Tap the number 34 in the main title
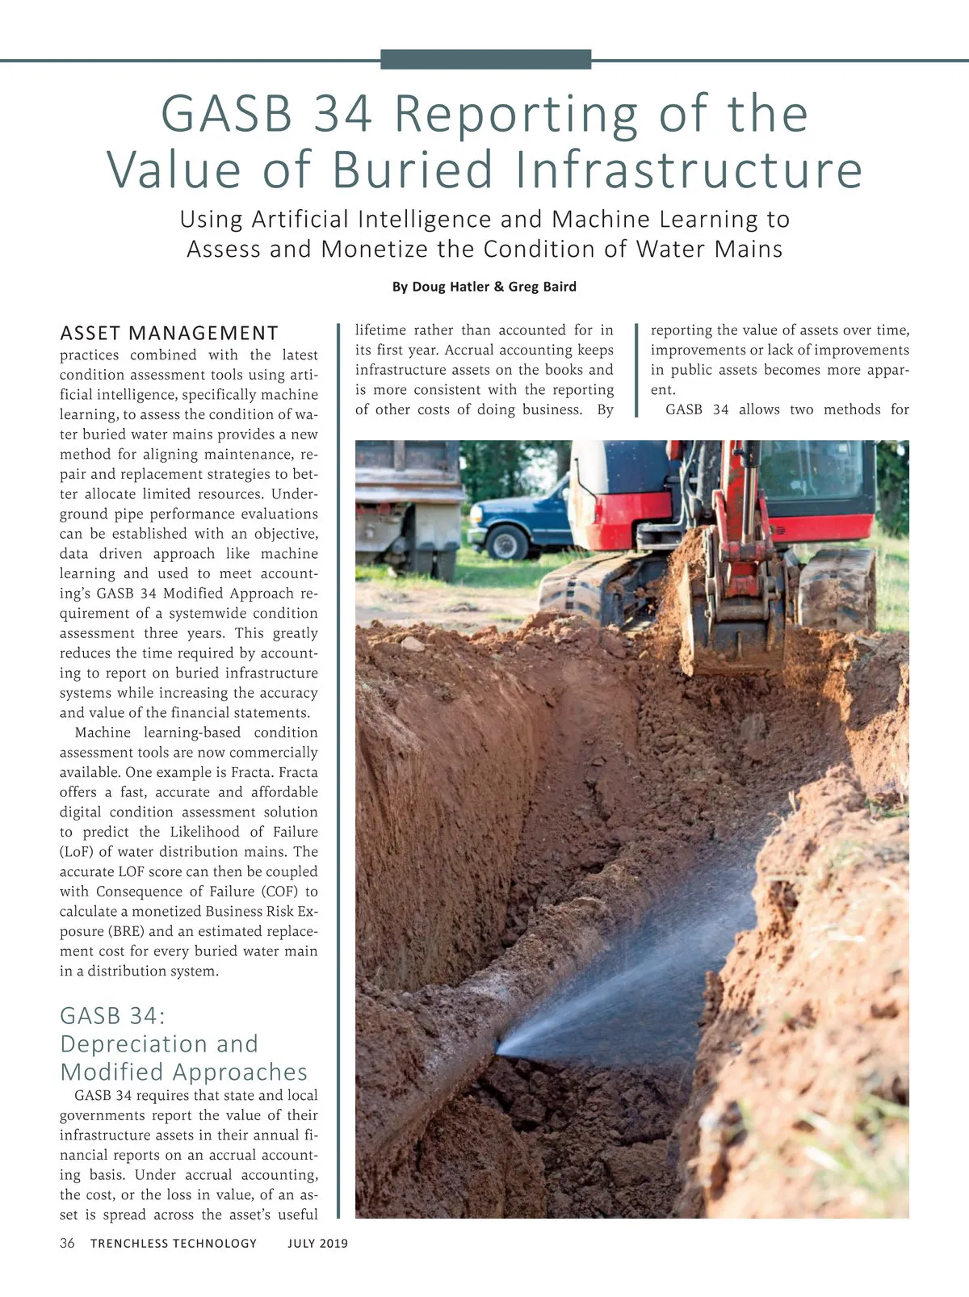coord(343,113)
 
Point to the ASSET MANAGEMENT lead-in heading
coord(169,334)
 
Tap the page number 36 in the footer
coord(67,1243)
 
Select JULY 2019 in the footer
coord(317,1244)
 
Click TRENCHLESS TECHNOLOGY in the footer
coord(174,1244)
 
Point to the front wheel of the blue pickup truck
coord(506,542)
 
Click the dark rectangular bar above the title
coord(485,59)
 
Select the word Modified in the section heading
coord(112,1072)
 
